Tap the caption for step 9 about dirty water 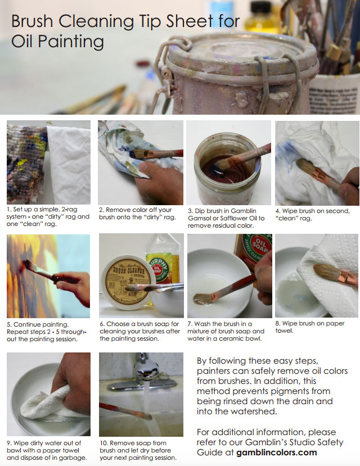pyautogui.click(x=48, y=450)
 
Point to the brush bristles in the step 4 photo pyautogui.click(x=307, y=167)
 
